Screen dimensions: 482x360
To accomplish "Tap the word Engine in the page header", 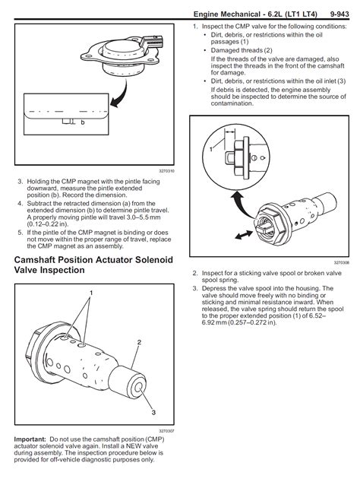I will (x=209, y=14).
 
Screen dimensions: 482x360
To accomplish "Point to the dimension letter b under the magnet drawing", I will (x=82, y=122).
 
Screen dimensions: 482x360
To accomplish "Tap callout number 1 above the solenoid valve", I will (x=91, y=293).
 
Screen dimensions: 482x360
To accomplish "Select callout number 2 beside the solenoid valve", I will (x=138, y=342).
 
